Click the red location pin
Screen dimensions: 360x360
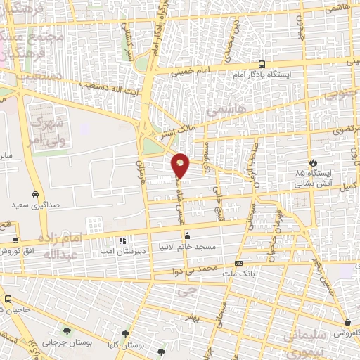coord(181,165)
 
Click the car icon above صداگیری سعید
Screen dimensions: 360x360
coord(34,193)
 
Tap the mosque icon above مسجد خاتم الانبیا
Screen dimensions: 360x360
coord(193,238)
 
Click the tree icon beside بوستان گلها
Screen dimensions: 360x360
coord(125,334)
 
